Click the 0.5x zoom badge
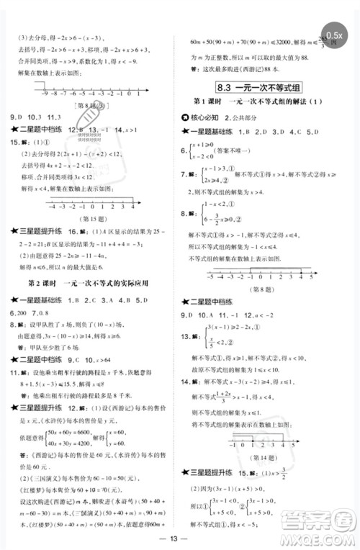point(334,35)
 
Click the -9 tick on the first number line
point(45,93)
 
